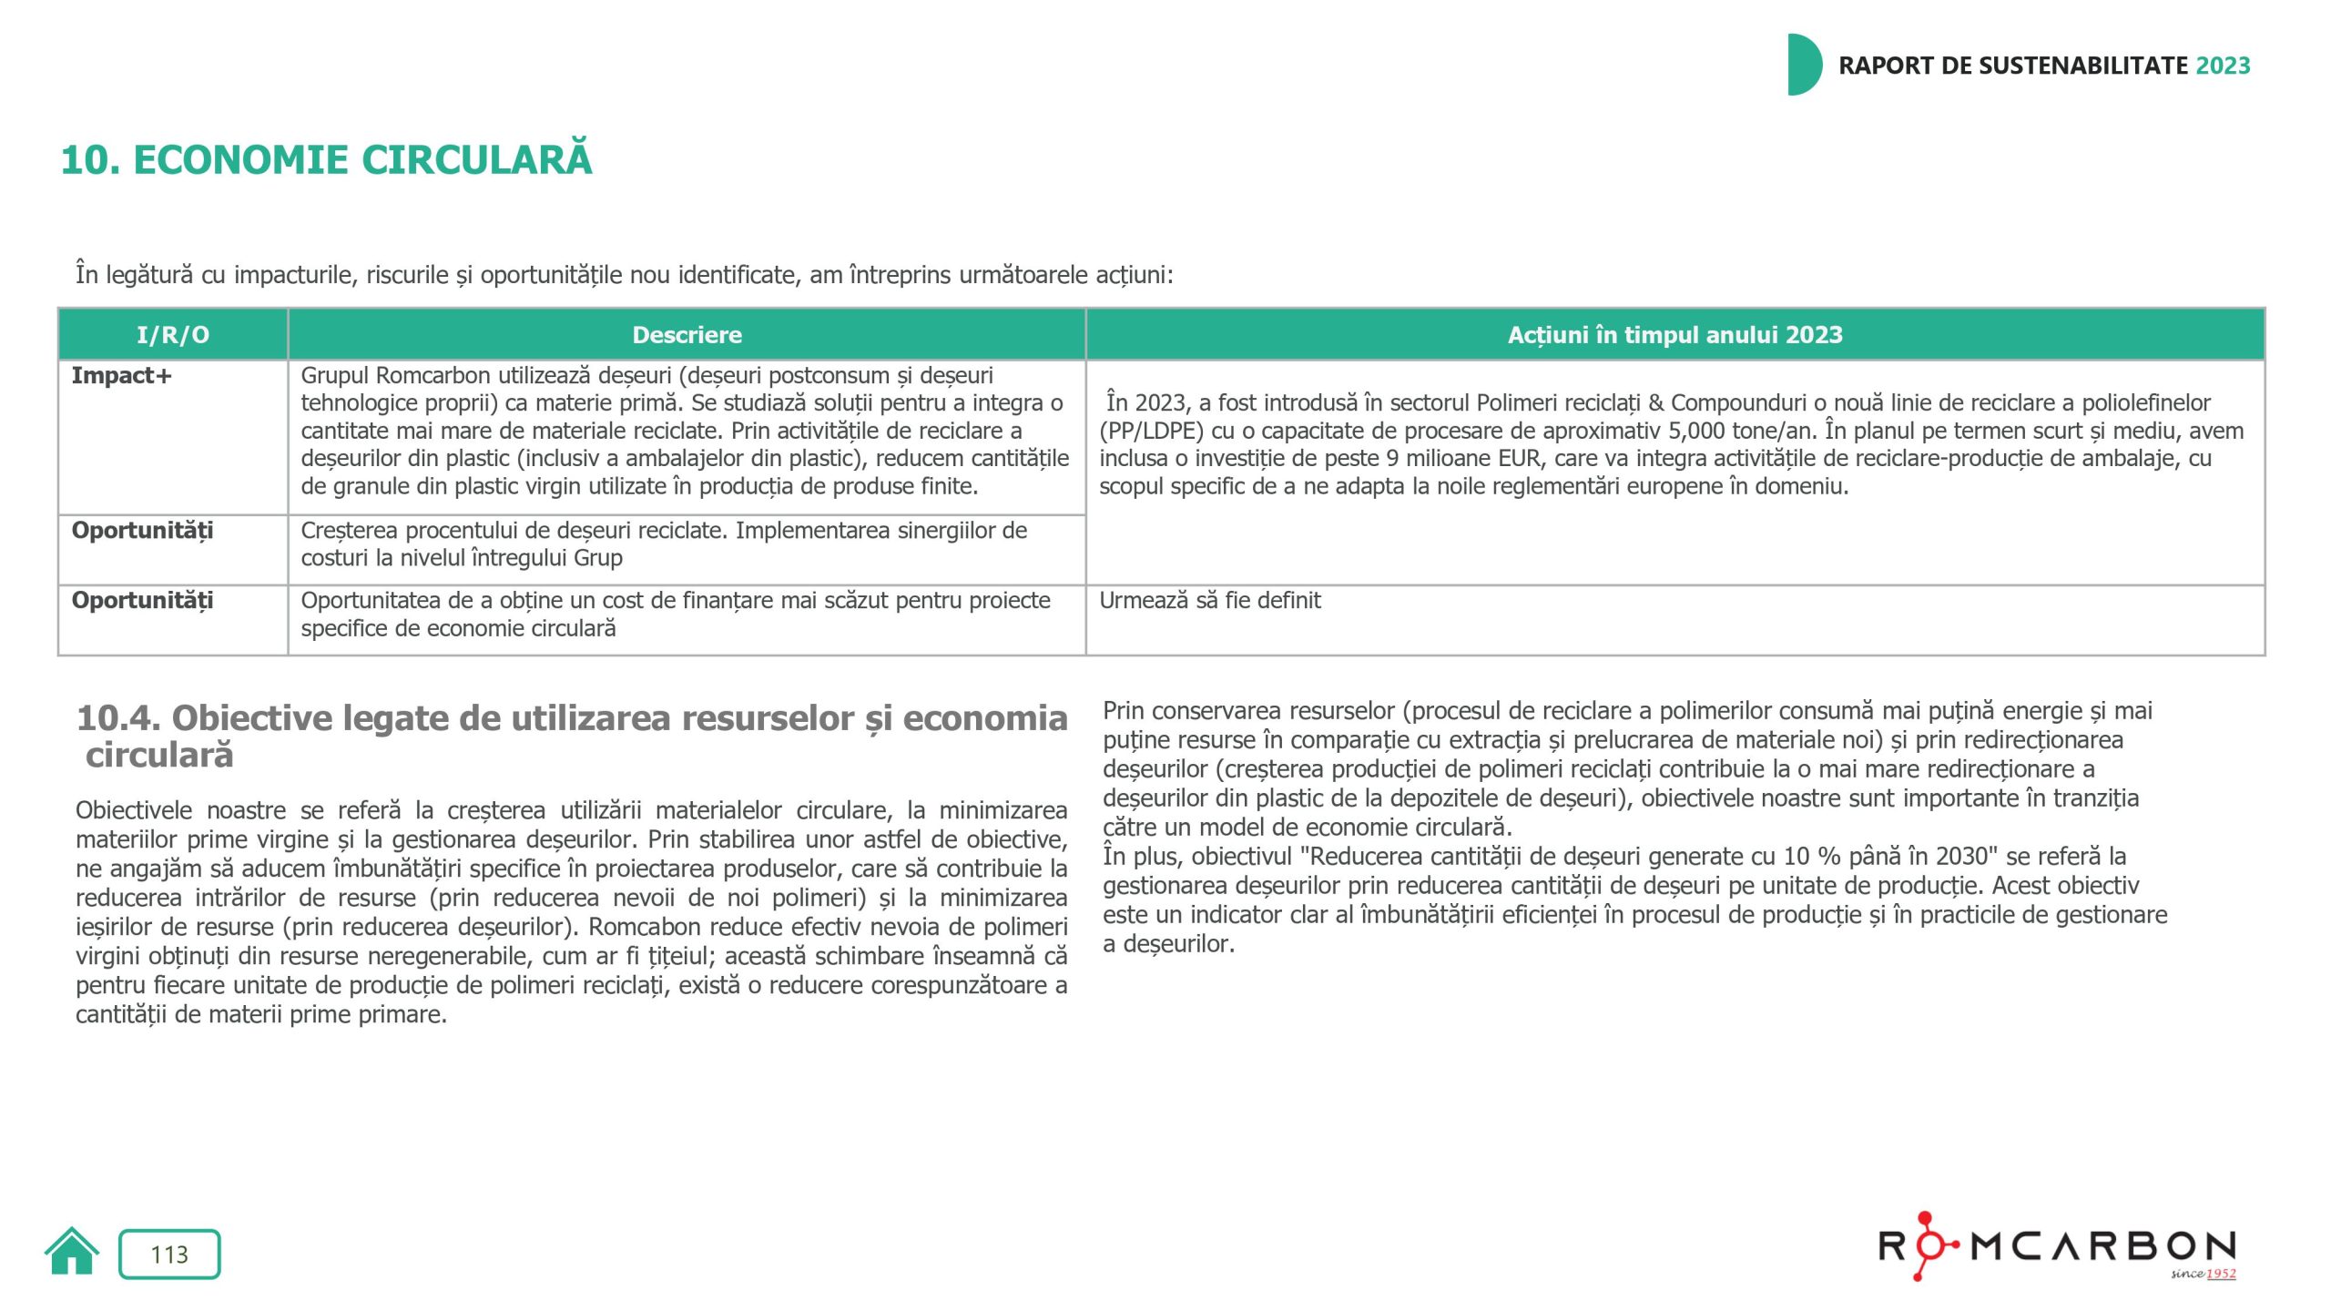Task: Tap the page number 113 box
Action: click(169, 1255)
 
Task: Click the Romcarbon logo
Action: click(2058, 1246)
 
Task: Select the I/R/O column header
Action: click(173, 335)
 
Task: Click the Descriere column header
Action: click(687, 335)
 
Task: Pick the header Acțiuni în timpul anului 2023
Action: click(1674, 335)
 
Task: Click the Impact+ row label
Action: click(122, 376)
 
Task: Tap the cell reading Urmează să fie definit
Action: click(1209, 601)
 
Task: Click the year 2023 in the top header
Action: click(2223, 66)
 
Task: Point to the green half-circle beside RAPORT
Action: click(1803, 65)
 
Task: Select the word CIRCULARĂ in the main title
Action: click(477, 160)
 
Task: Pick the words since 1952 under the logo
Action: click(2203, 1274)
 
